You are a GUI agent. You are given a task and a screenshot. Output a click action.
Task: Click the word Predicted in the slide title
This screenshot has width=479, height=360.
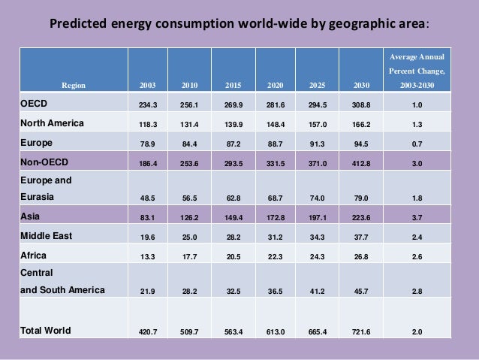[x=79, y=23]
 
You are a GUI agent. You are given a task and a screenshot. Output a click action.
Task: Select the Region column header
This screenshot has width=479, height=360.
[x=74, y=86]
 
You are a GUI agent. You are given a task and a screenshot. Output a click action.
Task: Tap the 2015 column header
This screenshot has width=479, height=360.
[x=233, y=86]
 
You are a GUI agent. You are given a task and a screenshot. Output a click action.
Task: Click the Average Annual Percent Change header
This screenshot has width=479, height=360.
[x=415, y=71]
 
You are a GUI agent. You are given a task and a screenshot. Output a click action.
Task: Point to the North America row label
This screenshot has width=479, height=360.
[x=53, y=123]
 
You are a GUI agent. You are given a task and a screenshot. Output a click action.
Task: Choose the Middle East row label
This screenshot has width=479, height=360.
[x=47, y=235]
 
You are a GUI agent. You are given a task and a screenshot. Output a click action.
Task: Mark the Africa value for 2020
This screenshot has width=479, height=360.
[x=277, y=256]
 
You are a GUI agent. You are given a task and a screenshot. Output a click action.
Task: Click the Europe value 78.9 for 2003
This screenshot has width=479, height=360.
[x=148, y=143]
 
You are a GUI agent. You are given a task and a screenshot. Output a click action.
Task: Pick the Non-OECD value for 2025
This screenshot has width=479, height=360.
[x=318, y=162]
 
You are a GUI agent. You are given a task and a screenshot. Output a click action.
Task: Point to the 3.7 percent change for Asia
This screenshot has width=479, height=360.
[x=415, y=216]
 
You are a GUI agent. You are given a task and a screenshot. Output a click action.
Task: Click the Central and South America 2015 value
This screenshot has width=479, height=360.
[x=233, y=290]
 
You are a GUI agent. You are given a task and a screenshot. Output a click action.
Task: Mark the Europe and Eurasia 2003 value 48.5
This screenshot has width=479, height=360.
[x=148, y=198]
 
